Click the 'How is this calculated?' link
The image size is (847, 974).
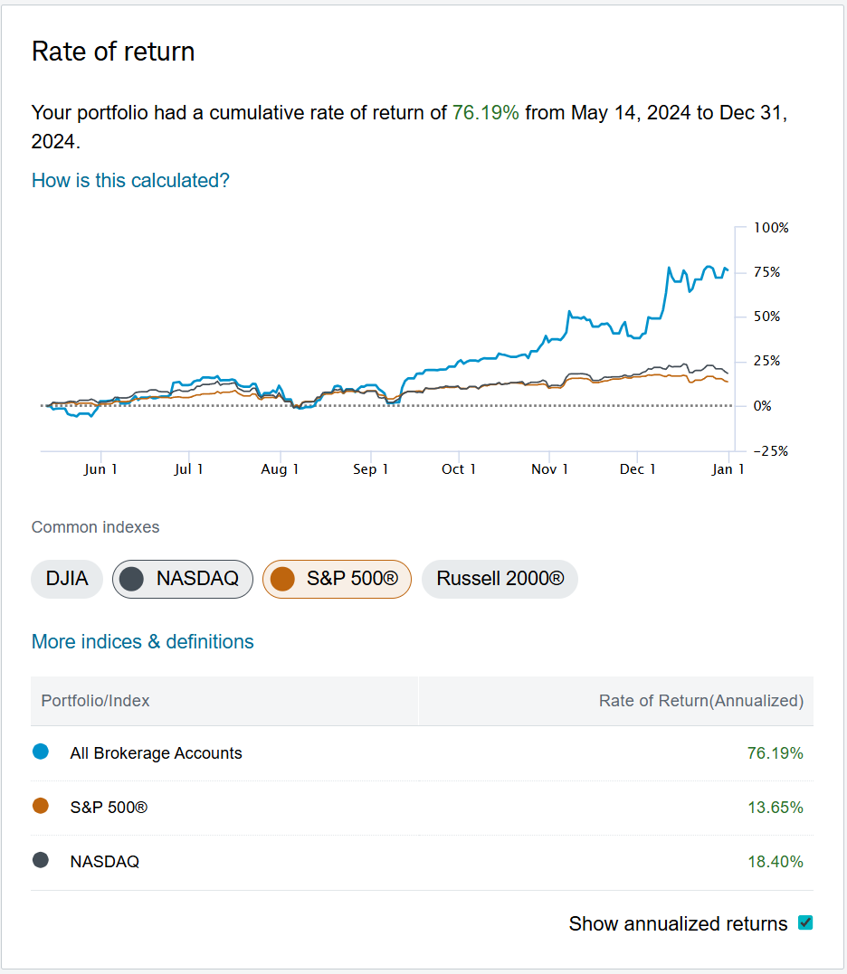click(130, 180)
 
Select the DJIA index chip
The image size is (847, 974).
click(67, 579)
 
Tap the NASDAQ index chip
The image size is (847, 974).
click(183, 579)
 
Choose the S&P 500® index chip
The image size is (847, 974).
click(337, 579)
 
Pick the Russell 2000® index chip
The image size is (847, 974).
click(500, 579)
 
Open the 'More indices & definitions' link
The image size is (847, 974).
click(142, 641)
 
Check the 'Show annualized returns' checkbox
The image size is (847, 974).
click(805, 923)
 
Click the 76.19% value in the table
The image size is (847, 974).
click(775, 753)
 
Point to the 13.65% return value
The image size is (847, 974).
click(775, 808)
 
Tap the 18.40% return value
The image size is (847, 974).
click(775, 862)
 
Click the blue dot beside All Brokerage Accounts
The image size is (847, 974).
click(40, 752)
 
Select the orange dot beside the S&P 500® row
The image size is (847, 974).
click(40, 806)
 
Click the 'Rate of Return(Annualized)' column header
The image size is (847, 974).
click(700, 701)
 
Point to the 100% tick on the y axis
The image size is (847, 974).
click(772, 228)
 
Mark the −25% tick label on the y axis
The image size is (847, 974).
click(770, 451)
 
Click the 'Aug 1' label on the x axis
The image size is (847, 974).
click(280, 468)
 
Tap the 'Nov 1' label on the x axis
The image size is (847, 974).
click(549, 468)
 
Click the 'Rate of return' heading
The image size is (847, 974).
click(113, 52)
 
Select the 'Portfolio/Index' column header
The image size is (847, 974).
click(96, 701)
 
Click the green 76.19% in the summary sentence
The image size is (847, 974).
click(486, 113)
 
